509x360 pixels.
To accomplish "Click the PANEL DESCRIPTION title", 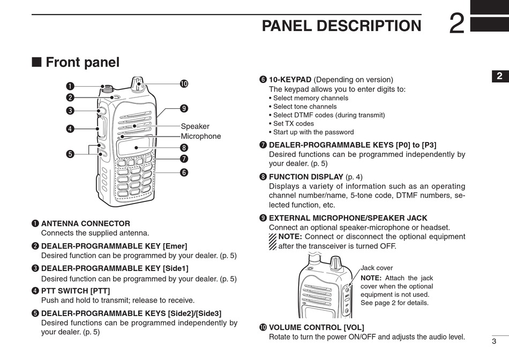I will tap(341, 26).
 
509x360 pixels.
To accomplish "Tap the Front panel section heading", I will tap(82, 62).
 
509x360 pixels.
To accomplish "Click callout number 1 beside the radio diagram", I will tap(70, 86).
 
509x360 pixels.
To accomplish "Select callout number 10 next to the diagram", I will tap(184, 84).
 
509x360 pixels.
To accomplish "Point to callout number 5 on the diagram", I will tap(70, 154).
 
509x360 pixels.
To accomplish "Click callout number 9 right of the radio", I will tap(184, 109).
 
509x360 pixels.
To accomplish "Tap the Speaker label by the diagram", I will tap(195, 126).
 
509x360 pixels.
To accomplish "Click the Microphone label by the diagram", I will tap(200, 136).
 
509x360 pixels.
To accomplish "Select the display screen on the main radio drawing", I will tap(133, 146).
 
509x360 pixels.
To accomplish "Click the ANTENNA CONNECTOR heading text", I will tap(86, 223).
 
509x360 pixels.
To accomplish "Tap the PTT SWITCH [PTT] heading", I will tap(76, 291).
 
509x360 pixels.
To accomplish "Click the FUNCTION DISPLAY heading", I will tap(306, 177).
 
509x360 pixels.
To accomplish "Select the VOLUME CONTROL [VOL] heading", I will tap(316, 327).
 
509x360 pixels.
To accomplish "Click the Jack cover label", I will tap(377, 268).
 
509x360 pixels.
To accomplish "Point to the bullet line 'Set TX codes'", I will tap(294, 123).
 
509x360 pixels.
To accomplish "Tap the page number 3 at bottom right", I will tap(493, 341).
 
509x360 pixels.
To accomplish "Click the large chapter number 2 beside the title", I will tap(456, 24).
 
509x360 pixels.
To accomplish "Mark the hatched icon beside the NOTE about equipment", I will tap(273, 242).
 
